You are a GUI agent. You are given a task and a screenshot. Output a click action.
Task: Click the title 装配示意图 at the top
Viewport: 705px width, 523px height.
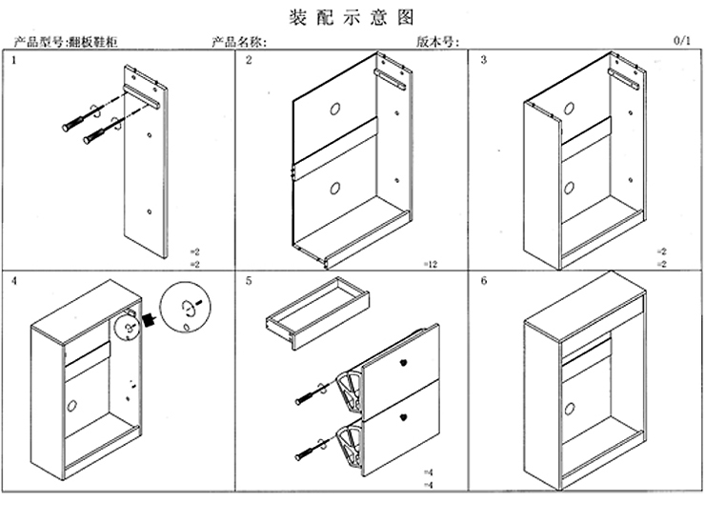352,16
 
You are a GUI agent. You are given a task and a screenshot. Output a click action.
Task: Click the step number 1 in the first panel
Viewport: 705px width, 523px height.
13,61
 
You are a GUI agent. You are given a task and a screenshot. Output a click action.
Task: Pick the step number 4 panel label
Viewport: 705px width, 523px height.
13,283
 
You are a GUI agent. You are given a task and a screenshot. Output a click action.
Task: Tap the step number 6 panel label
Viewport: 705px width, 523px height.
484,283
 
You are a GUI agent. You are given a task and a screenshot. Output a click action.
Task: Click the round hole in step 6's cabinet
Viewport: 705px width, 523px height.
571,409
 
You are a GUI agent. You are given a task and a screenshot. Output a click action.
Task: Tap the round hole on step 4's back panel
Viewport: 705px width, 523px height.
70,405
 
